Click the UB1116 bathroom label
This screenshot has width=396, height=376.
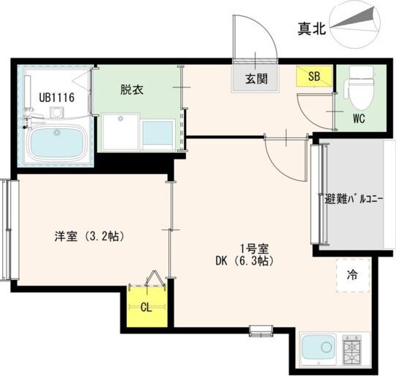click(x=57, y=98)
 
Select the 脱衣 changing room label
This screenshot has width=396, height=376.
click(x=132, y=90)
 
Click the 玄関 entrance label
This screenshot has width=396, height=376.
click(x=256, y=79)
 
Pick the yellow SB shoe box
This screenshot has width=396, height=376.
click(x=314, y=77)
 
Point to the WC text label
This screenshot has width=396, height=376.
click(x=359, y=119)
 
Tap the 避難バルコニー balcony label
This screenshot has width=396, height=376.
click(x=354, y=200)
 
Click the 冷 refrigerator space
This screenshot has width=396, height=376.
click(x=353, y=275)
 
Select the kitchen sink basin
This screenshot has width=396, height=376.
click(x=319, y=348)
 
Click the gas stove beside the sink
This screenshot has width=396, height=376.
click(x=352, y=349)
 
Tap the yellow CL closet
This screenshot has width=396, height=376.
click(x=147, y=307)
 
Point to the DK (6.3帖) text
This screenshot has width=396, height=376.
click(x=244, y=262)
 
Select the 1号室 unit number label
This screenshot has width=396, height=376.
click(x=255, y=249)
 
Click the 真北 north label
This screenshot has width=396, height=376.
click(x=311, y=28)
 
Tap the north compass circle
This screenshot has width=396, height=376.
click(x=355, y=25)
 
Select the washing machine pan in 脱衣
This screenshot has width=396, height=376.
click(x=121, y=132)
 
